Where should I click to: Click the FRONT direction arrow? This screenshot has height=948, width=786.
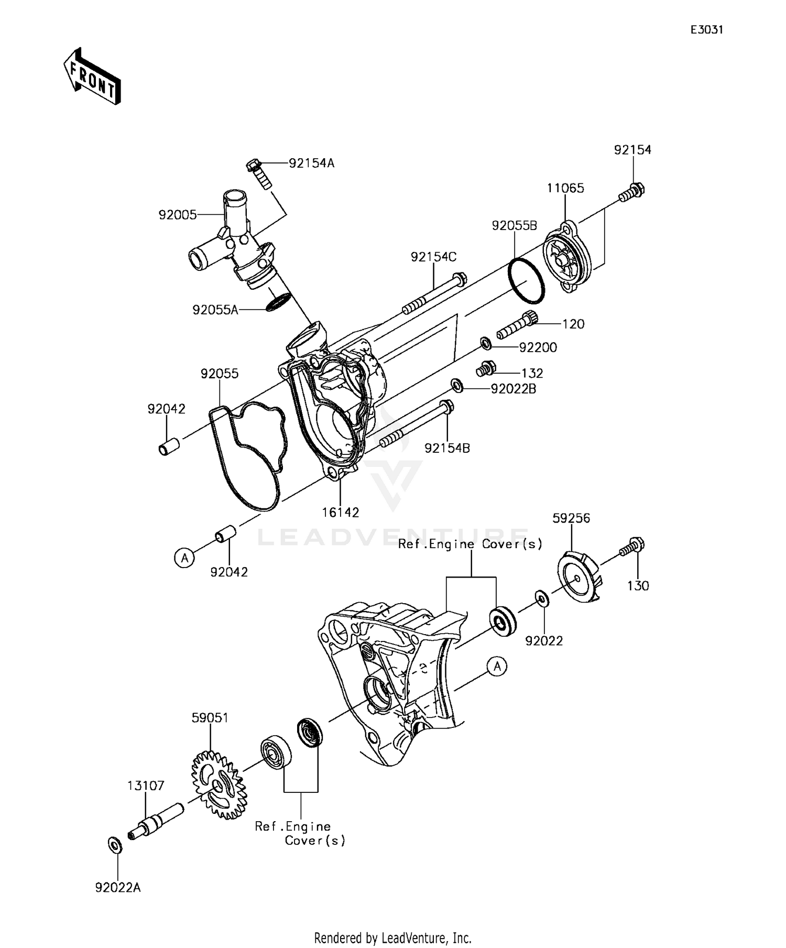[x=92, y=77]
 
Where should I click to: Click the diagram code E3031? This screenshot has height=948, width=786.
[x=706, y=30]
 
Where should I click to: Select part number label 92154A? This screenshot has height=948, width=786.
[x=312, y=164]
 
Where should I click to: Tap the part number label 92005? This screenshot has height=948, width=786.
[x=178, y=215]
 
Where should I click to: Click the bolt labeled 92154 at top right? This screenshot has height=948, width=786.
[x=632, y=192]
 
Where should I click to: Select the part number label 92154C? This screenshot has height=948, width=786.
[x=433, y=257]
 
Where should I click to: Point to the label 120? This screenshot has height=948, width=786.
[x=573, y=324]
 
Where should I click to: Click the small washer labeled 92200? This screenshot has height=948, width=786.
[x=486, y=344]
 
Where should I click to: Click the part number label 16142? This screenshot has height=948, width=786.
[x=340, y=513]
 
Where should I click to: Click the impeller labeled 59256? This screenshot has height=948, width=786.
[x=580, y=576]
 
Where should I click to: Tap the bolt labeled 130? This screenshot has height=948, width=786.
[x=632, y=548]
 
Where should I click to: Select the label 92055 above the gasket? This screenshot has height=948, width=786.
[x=220, y=374]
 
